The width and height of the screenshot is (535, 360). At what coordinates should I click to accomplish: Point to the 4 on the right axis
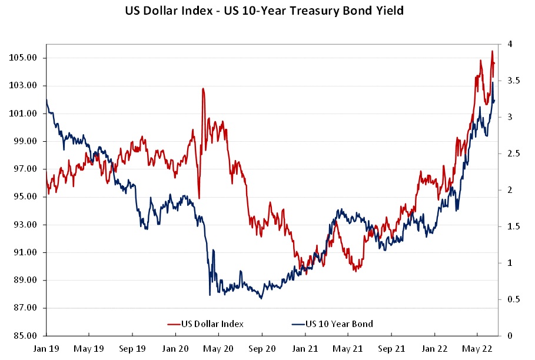(506, 44)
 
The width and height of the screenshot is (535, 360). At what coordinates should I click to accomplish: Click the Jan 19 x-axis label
(46, 348)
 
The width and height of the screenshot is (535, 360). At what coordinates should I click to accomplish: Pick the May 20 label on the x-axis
(219, 348)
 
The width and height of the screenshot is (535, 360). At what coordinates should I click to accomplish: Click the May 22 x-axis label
(478, 348)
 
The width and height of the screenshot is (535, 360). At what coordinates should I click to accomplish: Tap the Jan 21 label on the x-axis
(305, 348)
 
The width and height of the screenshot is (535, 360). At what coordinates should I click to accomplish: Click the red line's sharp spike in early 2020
(202, 89)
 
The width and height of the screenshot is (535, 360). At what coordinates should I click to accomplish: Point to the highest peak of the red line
(492, 51)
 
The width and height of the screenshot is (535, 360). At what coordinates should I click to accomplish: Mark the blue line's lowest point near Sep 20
(261, 298)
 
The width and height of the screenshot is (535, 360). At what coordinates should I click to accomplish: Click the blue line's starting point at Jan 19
(46, 99)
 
